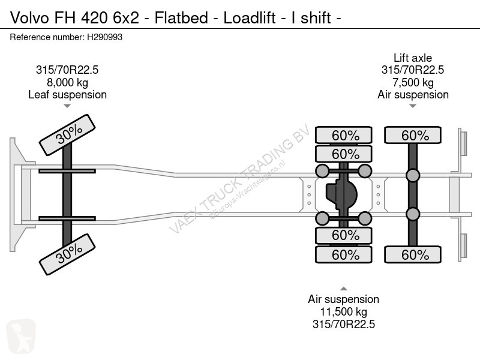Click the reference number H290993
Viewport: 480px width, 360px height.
(104, 37)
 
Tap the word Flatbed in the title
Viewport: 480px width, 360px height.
(181, 18)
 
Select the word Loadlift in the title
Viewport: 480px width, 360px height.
(249, 18)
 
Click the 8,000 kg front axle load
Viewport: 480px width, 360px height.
(67, 82)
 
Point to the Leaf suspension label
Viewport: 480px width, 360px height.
(67, 95)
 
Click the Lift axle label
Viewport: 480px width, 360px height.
(413, 58)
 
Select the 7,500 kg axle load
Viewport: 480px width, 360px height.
(413, 82)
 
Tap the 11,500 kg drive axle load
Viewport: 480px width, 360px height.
(343, 311)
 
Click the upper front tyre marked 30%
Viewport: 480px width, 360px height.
(67, 135)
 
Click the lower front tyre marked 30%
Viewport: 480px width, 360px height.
(67, 254)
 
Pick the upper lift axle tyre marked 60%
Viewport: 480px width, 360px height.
(413, 135)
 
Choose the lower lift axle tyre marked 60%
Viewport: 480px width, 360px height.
(413, 254)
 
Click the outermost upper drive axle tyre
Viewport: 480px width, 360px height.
(343, 135)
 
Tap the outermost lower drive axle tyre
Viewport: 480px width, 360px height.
(343, 254)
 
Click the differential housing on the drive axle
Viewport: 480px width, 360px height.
(341, 194)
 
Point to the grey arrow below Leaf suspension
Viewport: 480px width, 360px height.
(67, 106)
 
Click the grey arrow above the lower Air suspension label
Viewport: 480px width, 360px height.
(343, 289)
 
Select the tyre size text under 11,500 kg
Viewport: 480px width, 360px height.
(343, 324)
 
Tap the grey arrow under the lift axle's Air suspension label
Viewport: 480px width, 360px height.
(413, 106)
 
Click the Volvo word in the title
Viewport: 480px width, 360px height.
(29, 18)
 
